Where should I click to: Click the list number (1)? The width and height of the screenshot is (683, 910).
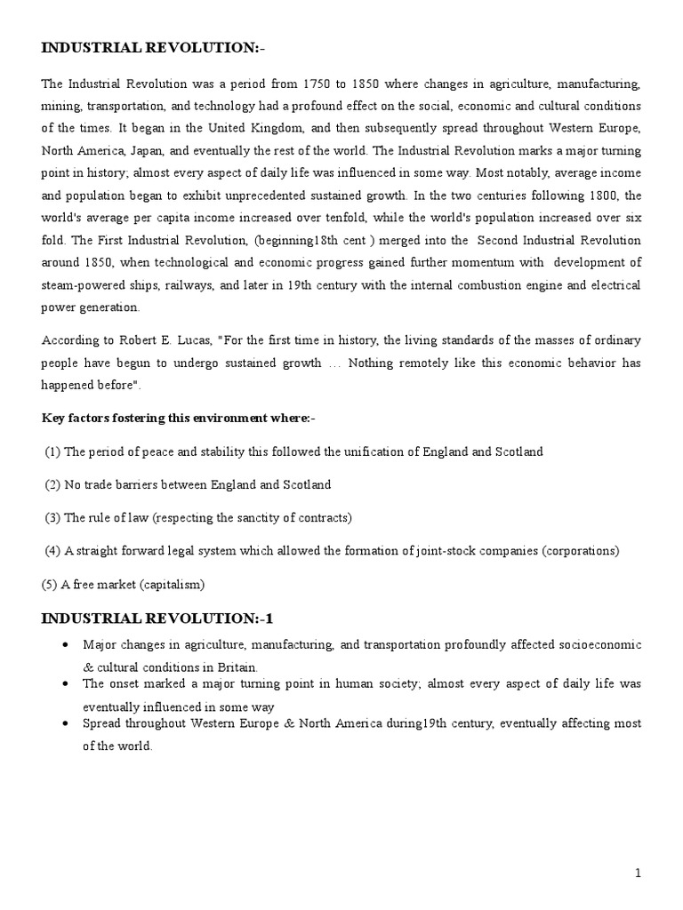click(52, 451)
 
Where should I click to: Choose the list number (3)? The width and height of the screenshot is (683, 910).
click(52, 517)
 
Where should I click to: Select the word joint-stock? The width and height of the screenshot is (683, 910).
click(441, 551)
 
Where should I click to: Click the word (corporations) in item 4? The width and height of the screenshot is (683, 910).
click(579, 551)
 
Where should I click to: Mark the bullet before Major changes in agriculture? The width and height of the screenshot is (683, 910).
click(67, 644)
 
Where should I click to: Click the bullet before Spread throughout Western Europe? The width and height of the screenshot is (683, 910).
click(67, 724)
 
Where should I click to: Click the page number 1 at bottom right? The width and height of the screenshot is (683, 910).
click(638, 874)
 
